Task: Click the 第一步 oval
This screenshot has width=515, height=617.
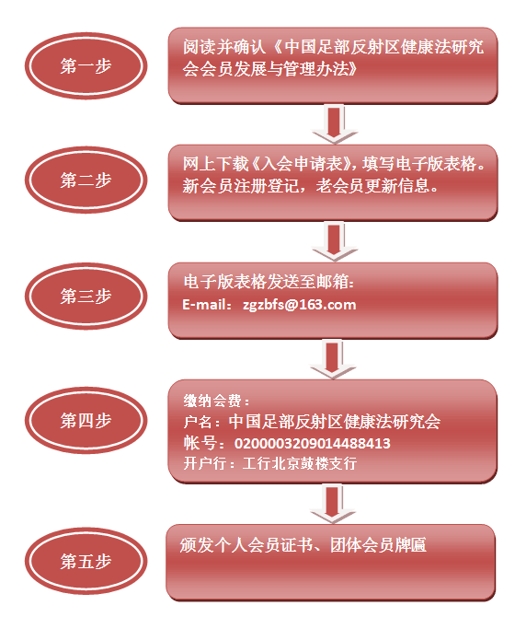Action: (86, 65)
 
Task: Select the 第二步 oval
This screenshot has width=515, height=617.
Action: (86, 180)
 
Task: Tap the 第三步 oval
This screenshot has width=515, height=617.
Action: (86, 296)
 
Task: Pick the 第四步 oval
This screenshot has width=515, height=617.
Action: (86, 420)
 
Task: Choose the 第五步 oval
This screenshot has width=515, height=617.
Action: (86, 561)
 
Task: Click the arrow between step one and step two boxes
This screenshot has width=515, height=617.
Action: (335, 124)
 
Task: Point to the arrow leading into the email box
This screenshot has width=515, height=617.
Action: (335, 241)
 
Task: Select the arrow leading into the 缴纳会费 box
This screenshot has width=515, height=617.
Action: (333, 360)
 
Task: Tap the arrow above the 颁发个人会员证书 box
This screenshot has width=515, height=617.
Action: (333, 504)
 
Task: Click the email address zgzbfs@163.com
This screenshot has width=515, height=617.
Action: (299, 305)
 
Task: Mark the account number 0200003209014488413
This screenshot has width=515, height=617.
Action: (313, 444)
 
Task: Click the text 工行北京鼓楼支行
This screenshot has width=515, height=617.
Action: (300, 463)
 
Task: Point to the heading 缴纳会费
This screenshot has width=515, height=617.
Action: (212, 401)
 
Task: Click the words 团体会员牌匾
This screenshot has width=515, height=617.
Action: (378, 545)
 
